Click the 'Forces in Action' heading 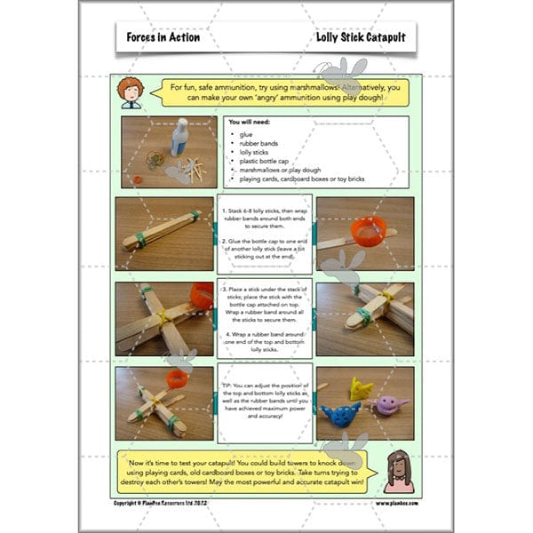[x=163, y=38]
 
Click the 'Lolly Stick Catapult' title [x=354, y=38]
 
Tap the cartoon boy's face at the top [x=131, y=91]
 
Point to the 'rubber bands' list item [x=259, y=143]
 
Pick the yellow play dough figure [x=362, y=387]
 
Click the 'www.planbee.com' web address [x=392, y=503]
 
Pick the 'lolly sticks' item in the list [x=256, y=152]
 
